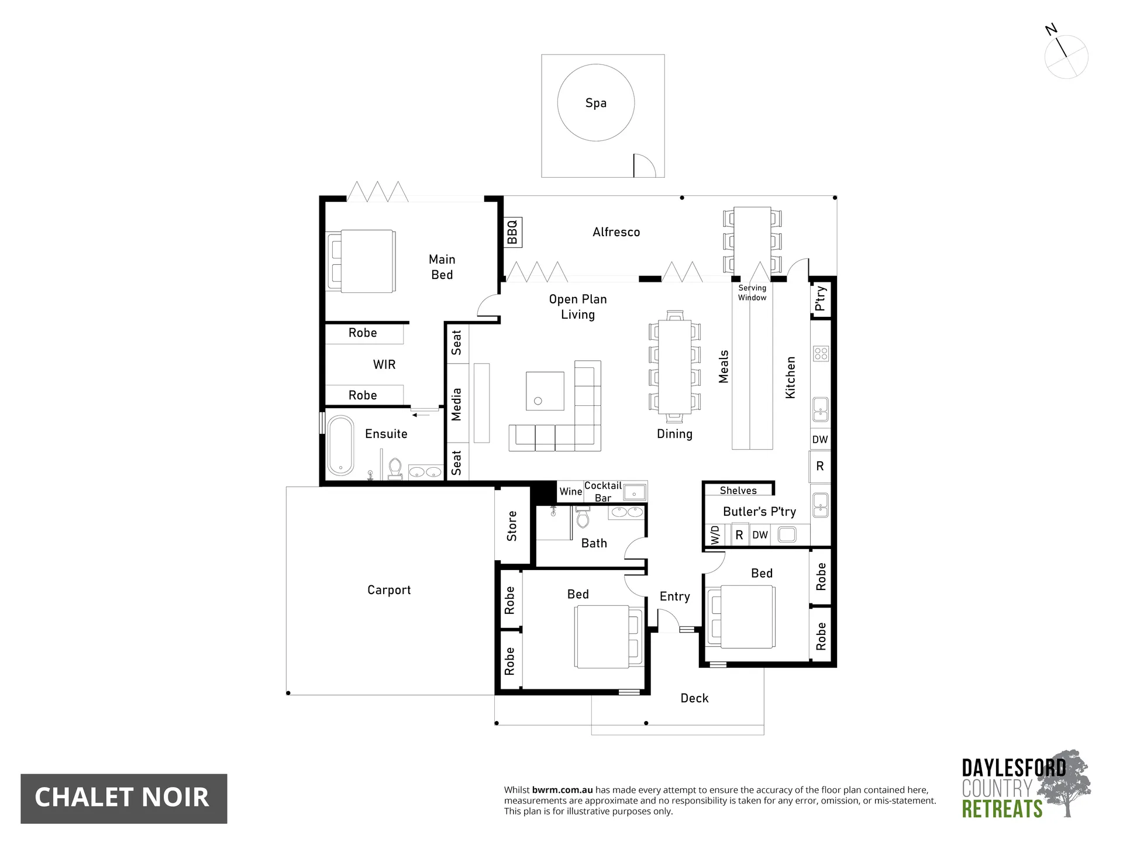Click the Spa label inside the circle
[595, 103]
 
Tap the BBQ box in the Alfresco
[512, 232]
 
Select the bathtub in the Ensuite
[340, 444]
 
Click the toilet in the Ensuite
[395, 468]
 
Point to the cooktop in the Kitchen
[821, 353]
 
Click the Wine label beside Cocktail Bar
[570, 492]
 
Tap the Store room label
[512, 526]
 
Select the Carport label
[389, 590]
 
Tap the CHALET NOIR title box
[123, 798]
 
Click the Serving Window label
[752, 292]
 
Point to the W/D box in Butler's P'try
[715, 535]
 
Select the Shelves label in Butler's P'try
[738, 491]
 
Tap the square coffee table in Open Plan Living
[545, 391]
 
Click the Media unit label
[457, 404]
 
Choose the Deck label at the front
[694, 698]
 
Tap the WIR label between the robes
[384, 364]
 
